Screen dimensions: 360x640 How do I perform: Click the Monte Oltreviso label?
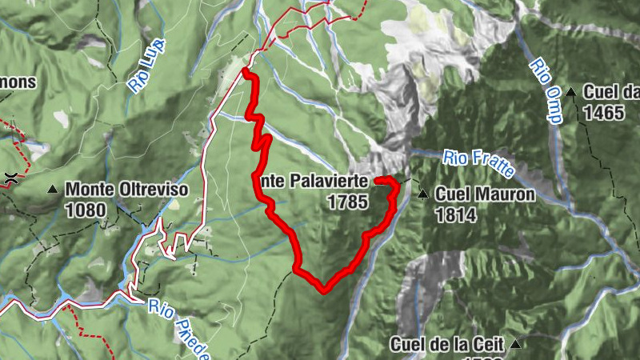(x=126, y=190)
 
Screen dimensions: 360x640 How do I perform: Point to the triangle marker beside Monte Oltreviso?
(x=53, y=190)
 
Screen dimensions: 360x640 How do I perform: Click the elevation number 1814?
(x=455, y=214)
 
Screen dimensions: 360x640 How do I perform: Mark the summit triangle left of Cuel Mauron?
(x=422, y=193)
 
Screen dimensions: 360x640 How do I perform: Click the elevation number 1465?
(x=603, y=113)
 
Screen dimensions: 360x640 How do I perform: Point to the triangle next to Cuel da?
(x=571, y=92)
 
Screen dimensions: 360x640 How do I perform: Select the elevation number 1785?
(x=347, y=202)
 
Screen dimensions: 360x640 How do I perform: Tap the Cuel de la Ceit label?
(x=447, y=345)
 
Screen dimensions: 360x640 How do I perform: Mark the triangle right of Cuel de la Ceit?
(x=516, y=345)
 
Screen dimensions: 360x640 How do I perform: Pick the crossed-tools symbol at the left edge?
(x=10, y=178)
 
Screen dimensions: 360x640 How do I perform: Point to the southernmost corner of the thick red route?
(x=323, y=290)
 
